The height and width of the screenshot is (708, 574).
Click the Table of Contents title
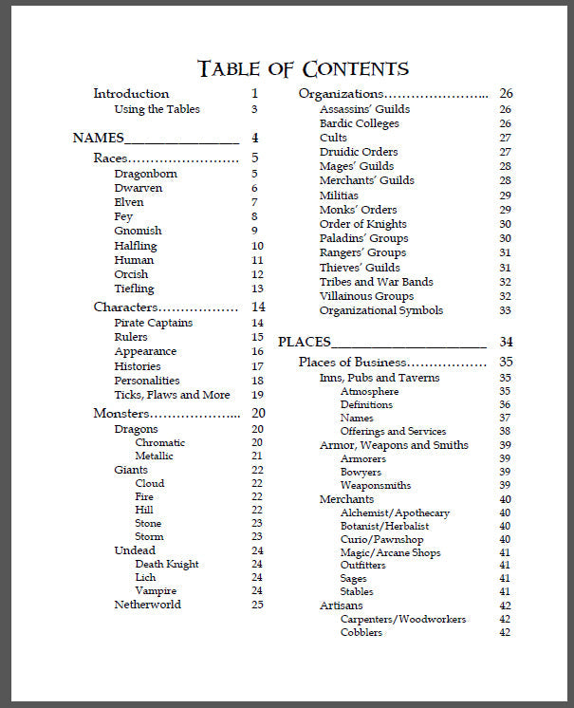303,68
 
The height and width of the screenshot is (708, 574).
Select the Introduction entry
131,94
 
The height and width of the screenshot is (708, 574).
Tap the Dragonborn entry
145,174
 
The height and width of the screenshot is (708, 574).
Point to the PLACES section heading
304,342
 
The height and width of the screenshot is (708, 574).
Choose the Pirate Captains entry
153,323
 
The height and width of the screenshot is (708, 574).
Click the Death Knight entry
166,564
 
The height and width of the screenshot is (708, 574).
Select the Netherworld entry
147,605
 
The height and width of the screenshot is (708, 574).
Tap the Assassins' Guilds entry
364,109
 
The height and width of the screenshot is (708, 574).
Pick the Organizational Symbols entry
380,310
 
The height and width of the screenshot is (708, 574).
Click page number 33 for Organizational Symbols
505,310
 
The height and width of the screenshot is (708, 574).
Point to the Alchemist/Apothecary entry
395,512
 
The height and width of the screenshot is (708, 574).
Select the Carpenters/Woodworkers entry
402,619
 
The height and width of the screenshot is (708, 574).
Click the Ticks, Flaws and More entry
172,395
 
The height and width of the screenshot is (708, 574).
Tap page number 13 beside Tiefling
257,289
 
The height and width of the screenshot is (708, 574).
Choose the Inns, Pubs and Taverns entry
380,378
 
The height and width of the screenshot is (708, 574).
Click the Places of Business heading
352,362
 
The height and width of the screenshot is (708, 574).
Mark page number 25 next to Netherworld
257,605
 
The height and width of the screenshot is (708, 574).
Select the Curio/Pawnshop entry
381,539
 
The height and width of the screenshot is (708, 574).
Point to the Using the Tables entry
157,109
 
